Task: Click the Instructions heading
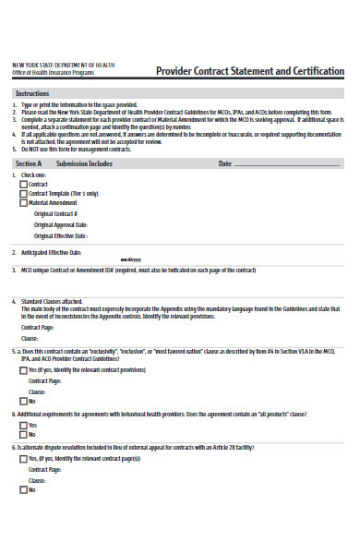tap(33, 94)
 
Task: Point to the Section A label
tap(30, 163)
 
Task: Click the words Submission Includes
tap(84, 163)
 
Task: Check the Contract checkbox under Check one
tap(23, 185)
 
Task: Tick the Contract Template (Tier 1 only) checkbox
tap(23, 194)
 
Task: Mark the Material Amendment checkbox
tap(23, 202)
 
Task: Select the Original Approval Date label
tap(61, 224)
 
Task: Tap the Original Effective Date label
tap(61, 235)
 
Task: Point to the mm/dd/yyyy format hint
tap(130, 259)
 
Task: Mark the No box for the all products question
tap(23, 434)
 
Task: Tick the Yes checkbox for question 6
tap(23, 458)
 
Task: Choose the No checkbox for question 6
tap(23, 489)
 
